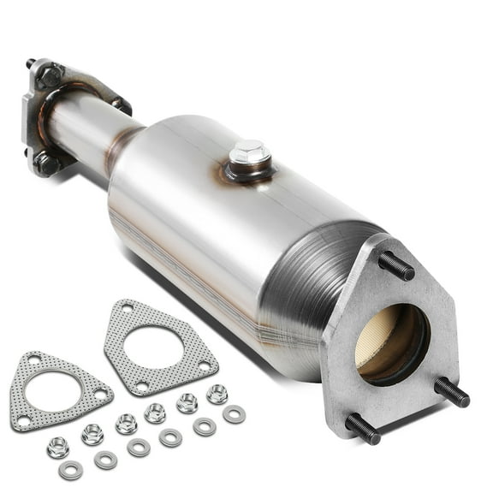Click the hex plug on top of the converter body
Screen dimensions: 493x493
click(x=249, y=156)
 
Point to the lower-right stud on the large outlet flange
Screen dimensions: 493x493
click(x=451, y=392)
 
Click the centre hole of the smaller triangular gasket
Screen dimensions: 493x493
click(x=56, y=389)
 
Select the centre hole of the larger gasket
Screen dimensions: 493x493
click(x=158, y=347)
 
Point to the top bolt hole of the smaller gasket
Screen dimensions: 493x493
click(x=34, y=359)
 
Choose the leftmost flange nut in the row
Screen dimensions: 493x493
click(x=58, y=447)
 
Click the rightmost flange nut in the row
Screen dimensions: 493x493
click(x=217, y=394)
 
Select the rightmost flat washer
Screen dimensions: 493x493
click(x=233, y=415)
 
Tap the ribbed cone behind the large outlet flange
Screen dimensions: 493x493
click(x=308, y=282)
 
